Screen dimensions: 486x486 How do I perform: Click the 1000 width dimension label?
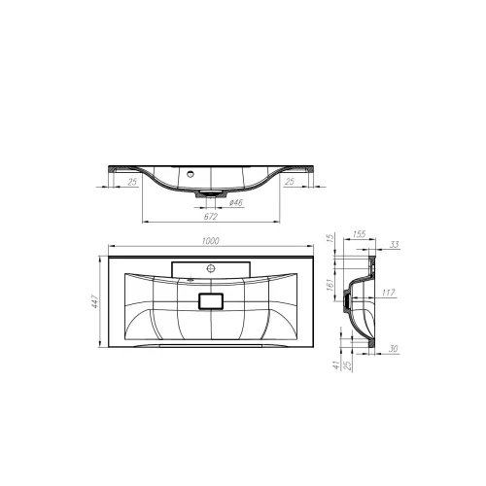(x=210, y=240)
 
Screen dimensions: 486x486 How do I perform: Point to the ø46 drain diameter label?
(x=234, y=201)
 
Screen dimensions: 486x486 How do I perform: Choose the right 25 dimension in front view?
(x=290, y=181)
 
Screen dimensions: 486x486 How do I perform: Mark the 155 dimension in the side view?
(x=359, y=234)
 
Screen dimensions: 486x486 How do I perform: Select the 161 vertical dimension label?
(x=330, y=285)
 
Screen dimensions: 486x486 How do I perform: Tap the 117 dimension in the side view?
(x=387, y=292)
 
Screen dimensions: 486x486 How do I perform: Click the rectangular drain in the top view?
(x=210, y=302)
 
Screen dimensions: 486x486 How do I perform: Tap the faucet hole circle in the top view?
(x=210, y=265)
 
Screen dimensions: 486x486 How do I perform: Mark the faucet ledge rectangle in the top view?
(x=210, y=266)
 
